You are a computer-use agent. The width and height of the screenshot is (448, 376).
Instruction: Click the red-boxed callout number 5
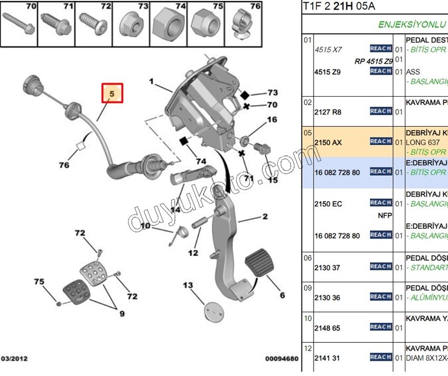click(x=112, y=94)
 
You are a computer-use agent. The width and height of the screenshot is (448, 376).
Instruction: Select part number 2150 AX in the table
click(x=328, y=143)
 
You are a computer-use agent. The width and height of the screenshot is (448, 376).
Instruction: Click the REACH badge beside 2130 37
click(x=381, y=267)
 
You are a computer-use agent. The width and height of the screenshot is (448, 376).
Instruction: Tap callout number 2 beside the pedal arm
click(x=265, y=216)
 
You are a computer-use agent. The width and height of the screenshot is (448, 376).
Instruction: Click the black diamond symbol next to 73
click(x=245, y=96)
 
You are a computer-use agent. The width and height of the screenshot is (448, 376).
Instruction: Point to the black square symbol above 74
click(x=183, y=141)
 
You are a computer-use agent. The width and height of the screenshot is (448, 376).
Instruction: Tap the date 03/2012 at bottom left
click(x=14, y=359)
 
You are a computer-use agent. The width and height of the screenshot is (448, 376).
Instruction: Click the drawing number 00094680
click(x=281, y=359)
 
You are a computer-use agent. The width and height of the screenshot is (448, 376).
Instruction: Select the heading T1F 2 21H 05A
click(x=339, y=6)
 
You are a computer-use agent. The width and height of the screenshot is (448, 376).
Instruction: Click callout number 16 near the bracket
click(x=271, y=120)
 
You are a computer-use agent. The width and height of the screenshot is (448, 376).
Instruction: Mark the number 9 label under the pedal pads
click(x=122, y=314)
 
